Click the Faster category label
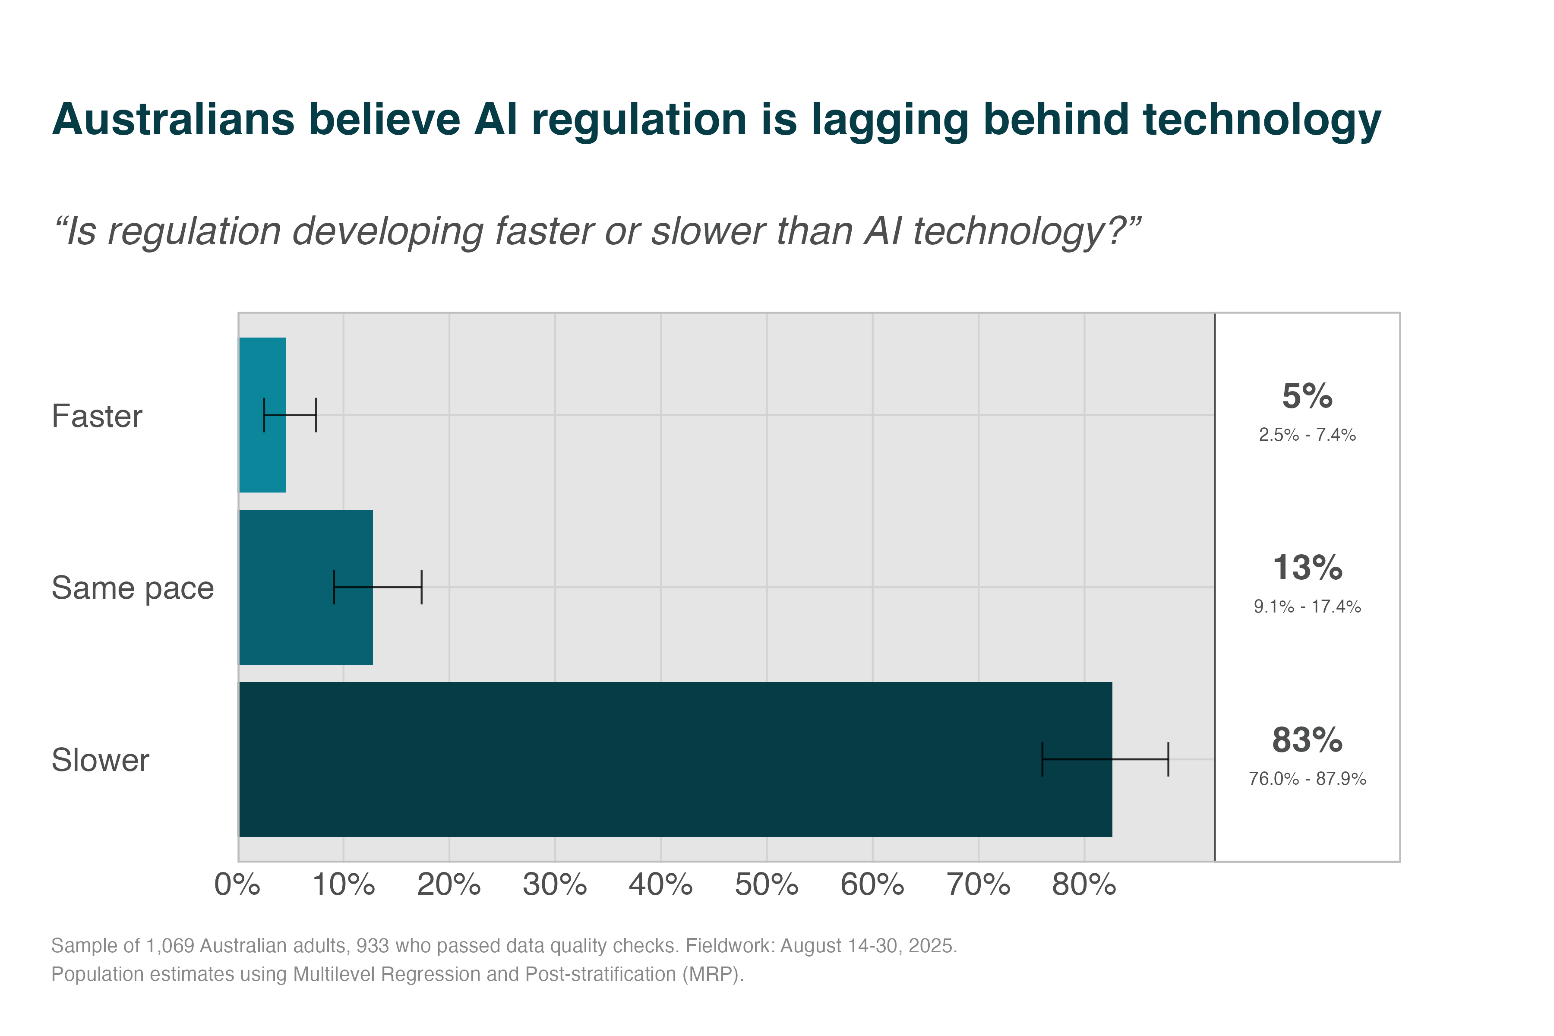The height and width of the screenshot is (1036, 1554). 97,416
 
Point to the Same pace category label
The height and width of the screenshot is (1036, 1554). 133,588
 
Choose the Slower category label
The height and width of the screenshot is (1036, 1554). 101,760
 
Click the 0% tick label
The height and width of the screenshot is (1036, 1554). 237,884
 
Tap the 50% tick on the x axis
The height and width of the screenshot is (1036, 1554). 767,884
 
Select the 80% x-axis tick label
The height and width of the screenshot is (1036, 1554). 1083,884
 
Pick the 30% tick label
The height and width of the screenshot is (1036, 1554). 555,884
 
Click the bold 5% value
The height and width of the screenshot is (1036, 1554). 1307,396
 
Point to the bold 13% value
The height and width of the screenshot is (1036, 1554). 1307,568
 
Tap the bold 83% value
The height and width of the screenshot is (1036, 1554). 1307,740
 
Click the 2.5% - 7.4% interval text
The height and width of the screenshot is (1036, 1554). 1307,435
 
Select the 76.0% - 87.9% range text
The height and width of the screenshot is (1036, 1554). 1307,779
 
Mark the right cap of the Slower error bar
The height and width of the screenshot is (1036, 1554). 1168,759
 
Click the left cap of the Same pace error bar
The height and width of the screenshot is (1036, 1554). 334,587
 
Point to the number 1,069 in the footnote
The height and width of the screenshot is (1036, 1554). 170,946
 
